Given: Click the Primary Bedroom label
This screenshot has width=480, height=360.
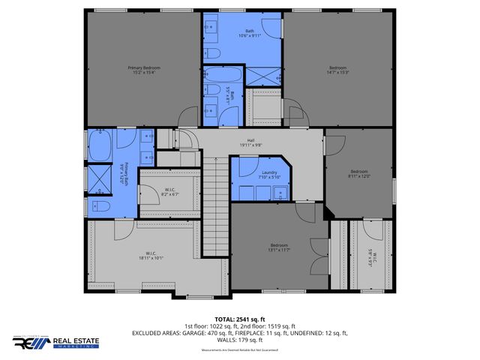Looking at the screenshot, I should tap(142, 70).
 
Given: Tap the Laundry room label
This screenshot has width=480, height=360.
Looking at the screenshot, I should tap(268, 175).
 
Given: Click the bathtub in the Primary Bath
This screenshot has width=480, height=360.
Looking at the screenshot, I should tap(100, 145).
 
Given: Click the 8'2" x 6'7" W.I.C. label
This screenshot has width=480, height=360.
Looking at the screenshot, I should tap(170, 192).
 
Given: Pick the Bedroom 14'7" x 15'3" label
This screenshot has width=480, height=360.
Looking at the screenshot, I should tap(338, 70).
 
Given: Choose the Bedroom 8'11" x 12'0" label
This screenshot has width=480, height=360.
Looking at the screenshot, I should tap(359, 174).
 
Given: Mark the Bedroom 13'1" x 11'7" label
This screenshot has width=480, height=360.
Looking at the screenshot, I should tap(279, 247).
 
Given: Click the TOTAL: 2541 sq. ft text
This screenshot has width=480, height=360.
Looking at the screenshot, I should tap(239, 319).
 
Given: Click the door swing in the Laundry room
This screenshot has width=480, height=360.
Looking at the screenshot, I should tap(247, 167).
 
